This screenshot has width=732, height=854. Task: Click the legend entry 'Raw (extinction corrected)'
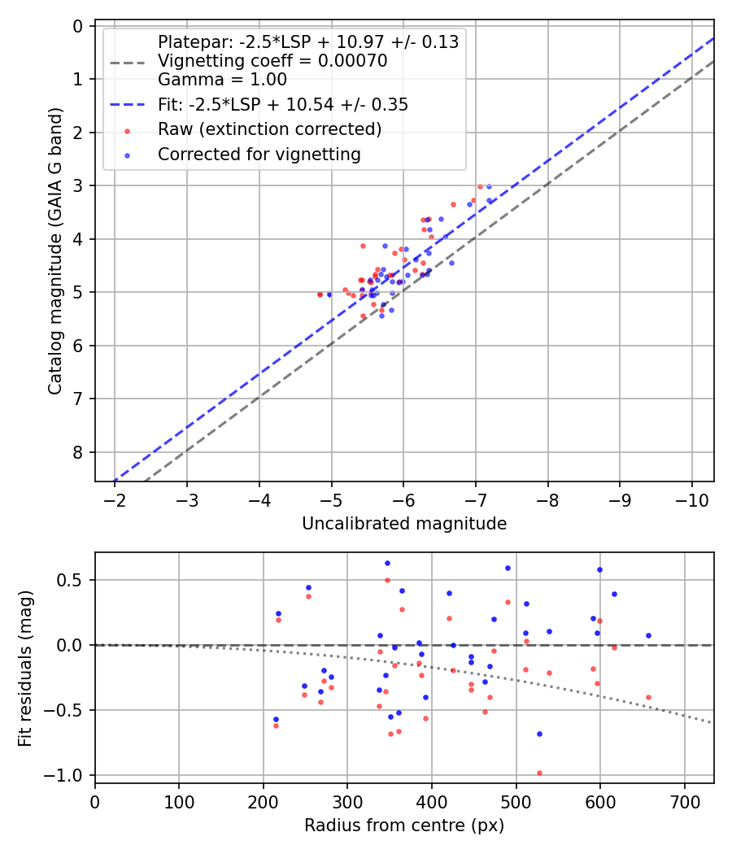pos(269,129)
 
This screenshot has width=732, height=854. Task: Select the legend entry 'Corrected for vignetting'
pos(259,154)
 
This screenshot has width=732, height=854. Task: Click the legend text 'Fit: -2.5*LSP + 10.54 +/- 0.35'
pos(283,105)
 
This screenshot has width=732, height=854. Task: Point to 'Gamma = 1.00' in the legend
pos(222,80)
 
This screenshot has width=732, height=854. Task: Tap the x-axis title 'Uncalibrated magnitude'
pos(404,524)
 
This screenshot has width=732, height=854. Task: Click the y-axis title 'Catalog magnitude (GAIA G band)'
pos(54,255)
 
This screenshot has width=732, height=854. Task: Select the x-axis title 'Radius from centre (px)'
pos(404,826)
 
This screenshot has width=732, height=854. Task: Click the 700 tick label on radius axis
pos(684,801)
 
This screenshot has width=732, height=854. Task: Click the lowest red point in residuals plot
pos(539,773)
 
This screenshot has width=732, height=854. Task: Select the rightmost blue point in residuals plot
pos(648,635)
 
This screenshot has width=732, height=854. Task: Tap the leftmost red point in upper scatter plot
pos(320,294)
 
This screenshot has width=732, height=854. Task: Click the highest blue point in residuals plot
pos(387,563)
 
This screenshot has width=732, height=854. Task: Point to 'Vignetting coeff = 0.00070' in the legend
pos(272,61)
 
